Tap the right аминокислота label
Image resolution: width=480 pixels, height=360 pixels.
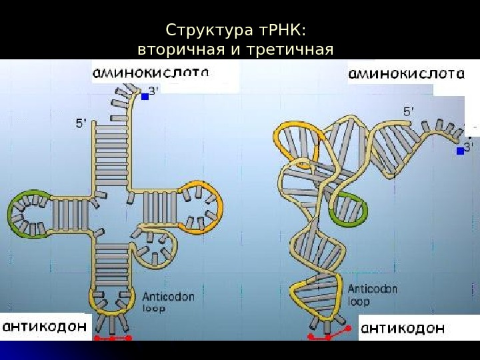click(405, 73)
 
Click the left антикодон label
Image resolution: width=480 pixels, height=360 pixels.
click(45, 327)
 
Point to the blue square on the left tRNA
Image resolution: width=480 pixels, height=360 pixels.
click(145, 97)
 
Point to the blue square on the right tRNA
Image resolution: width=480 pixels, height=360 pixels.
click(459, 152)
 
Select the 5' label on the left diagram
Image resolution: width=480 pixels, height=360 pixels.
click(81, 123)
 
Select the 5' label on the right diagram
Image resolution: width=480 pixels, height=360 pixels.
click(408, 113)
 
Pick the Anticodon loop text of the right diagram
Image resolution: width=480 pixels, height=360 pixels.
click(372, 295)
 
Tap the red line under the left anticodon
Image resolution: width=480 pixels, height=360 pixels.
click(112, 339)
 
